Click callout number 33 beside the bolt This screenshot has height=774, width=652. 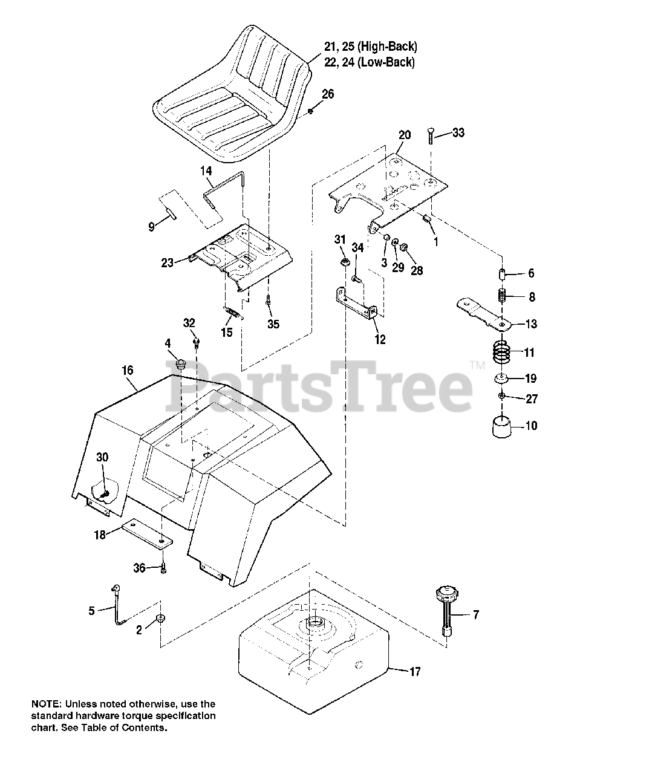click(458, 132)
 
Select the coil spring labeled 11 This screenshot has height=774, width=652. click(503, 352)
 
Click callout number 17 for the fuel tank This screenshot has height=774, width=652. click(415, 671)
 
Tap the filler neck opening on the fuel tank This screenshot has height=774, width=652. click(314, 622)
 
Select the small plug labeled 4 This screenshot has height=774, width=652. click(179, 365)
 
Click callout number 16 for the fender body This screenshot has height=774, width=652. click(127, 370)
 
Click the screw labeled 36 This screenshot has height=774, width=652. click(163, 568)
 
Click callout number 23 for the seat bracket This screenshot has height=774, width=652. click(167, 262)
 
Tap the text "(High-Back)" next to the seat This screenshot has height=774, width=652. click(390, 47)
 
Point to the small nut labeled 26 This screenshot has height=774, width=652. click(310, 111)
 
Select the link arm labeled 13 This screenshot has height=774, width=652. click(482, 310)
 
